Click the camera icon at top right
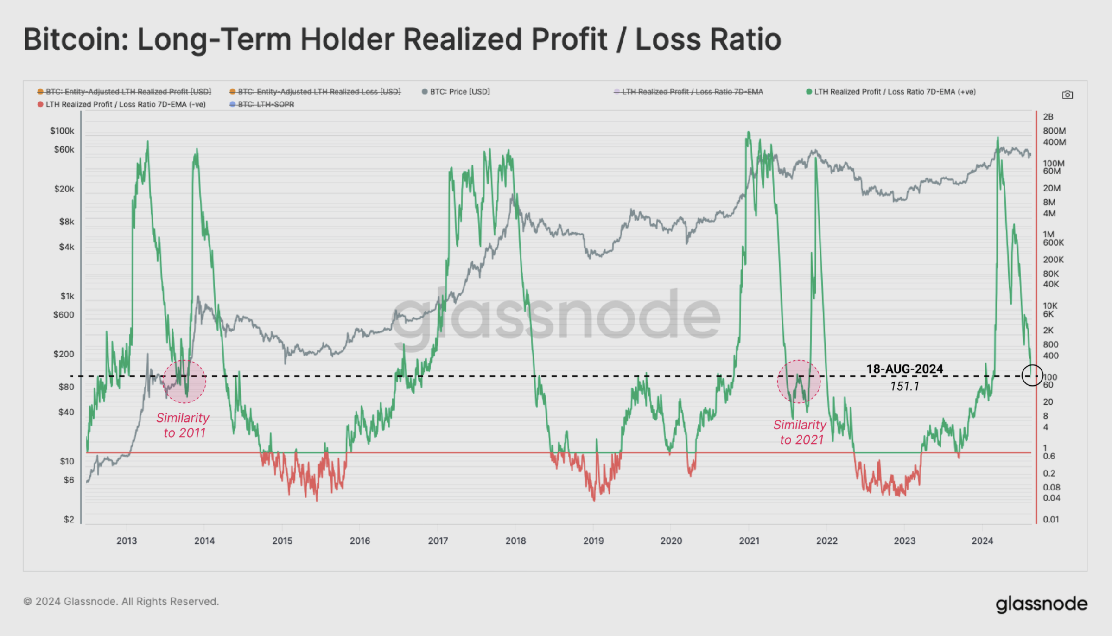click(1067, 95)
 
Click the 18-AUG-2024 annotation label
click(904, 369)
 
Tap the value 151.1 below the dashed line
click(904, 386)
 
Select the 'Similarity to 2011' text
click(183, 425)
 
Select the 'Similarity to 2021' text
click(801, 432)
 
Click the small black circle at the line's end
click(1032, 375)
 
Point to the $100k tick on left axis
click(62, 131)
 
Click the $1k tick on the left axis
click(67, 296)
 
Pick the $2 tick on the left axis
click(69, 519)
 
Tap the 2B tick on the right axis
click(1048, 117)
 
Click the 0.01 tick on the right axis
click(1051, 519)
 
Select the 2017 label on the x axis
click(438, 541)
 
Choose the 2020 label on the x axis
click(671, 541)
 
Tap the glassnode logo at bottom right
click(1041, 604)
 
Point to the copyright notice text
click(121, 601)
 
